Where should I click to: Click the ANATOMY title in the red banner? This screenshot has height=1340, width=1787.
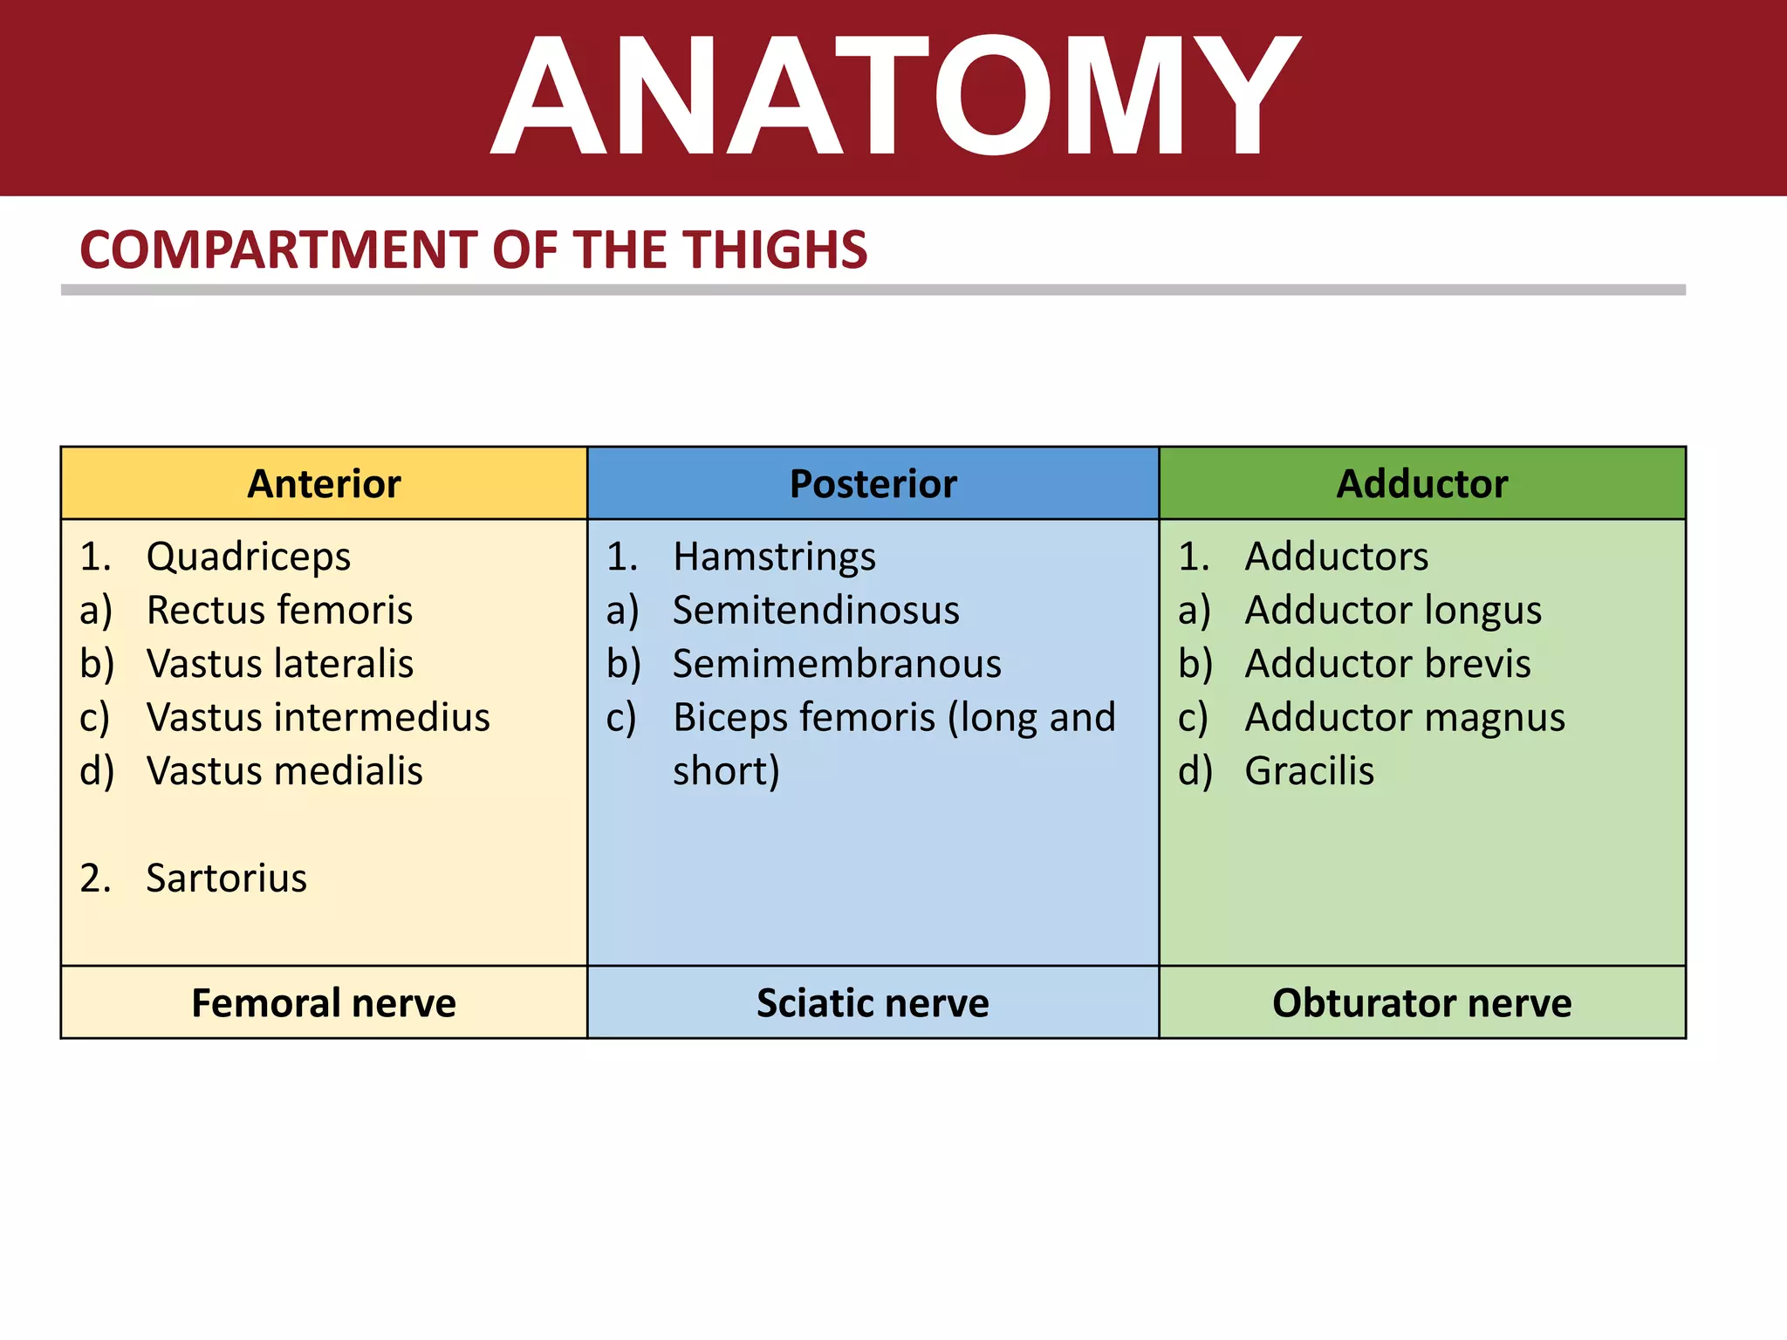coord(893,96)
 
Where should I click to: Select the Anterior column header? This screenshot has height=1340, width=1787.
coord(324,484)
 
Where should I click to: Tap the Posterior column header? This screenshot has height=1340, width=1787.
coord(873,484)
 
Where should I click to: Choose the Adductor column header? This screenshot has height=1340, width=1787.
coord(1421,484)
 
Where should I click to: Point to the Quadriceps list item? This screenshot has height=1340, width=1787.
coord(248,557)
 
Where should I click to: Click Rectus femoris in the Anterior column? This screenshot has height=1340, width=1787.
coord(279,611)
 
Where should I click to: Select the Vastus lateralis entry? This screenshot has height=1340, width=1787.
coord(279,664)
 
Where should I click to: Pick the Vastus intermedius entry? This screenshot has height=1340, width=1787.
coord(318,718)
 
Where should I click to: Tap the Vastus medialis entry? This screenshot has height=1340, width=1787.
coord(284,771)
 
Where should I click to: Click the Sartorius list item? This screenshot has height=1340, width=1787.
coord(226,879)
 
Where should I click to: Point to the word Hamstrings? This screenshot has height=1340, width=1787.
coord(774,557)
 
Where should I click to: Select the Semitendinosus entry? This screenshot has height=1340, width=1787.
coord(816,611)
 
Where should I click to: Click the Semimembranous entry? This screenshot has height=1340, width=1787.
coord(837,664)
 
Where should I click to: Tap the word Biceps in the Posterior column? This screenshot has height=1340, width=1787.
coord(731,718)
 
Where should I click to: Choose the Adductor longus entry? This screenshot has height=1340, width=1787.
coord(1393,611)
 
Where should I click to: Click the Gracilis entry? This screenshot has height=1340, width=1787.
coord(1309,771)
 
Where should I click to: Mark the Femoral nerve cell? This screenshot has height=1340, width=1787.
coord(324,1003)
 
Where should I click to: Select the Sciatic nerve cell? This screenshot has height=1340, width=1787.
coord(873,1003)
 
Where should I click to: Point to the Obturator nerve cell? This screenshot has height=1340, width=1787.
coord(1421,1003)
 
